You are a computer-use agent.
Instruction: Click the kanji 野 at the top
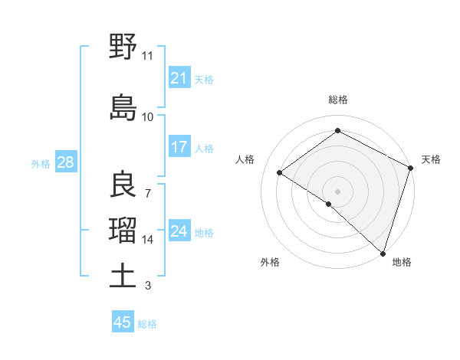click(123, 47)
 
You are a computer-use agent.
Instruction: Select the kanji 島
click(123, 107)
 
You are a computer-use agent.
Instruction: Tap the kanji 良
click(123, 184)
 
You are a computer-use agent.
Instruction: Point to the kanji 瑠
click(123, 230)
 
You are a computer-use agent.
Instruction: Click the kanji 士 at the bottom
click(123, 276)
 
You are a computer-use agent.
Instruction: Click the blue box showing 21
click(179, 78)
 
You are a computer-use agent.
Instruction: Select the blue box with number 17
click(179, 147)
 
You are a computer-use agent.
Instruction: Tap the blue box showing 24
click(179, 231)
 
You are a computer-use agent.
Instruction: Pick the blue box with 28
click(65, 162)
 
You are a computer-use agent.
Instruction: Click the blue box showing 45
click(123, 322)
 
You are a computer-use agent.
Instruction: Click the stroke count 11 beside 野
click(147, 56)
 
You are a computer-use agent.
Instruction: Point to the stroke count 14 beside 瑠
click(148, 240)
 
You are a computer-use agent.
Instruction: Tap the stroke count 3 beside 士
click(147, 286)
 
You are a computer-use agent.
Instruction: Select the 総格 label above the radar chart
click(337, 100)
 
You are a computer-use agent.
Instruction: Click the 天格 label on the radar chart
click(431, 159)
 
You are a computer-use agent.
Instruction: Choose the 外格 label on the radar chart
click(270, 262)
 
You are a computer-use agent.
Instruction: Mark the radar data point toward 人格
click(280, 172)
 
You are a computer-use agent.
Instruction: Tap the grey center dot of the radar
click(337, 191)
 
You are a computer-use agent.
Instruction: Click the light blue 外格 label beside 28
click(41, 163)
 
